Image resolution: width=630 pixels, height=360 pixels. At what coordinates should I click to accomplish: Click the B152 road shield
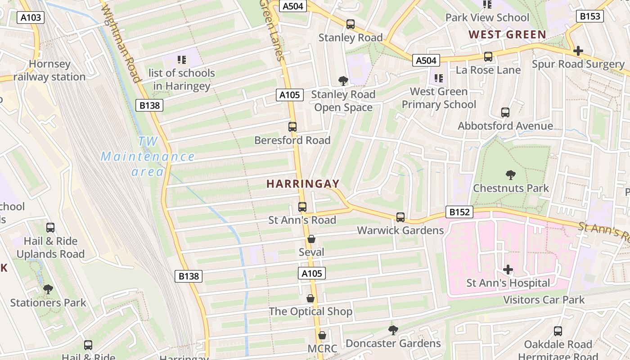click(x=459, y=212)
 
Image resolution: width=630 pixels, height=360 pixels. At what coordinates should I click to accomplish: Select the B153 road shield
click(x=589, y=16)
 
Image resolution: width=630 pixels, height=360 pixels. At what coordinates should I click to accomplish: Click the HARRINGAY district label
click(x=303, y=184)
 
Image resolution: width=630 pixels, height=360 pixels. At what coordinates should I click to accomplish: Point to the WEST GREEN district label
click(x=507, y=34)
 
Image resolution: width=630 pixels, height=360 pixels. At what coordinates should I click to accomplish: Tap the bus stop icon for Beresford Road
click(x=292, y=127)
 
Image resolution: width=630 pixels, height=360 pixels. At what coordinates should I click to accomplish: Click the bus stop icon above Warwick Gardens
click(x=400, y=217)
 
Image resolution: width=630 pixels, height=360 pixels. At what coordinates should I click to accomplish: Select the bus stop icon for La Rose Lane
click(x=488, y=57)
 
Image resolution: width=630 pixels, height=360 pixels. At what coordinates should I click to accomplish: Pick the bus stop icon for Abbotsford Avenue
click(x=505, y=112)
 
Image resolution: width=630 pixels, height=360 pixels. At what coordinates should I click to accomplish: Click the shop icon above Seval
click(x=311, y=239)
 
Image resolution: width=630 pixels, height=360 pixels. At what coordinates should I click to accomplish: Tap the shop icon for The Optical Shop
click(x=310, y=298)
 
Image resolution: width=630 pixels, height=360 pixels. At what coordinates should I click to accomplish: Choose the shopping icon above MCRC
click(x=322, y=335)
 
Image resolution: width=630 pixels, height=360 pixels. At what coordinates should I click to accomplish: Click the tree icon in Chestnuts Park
click(x=511, y=175)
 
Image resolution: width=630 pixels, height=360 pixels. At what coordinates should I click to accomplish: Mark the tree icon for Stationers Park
click(x=48, y=289)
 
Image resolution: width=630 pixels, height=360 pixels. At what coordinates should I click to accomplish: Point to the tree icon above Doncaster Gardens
click(x=393, y=330)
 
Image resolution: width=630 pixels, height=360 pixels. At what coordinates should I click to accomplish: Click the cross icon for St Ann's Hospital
click(x=508, y=270)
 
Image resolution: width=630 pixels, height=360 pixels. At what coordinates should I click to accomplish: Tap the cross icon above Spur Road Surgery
click(x=578, y=51)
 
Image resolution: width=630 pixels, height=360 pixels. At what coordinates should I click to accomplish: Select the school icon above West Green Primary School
click(x=439, y=78)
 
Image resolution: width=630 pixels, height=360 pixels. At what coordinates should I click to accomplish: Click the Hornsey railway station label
click(x=49, y=71)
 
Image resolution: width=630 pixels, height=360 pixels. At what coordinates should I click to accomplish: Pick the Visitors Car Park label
click(x=544, y=300)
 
